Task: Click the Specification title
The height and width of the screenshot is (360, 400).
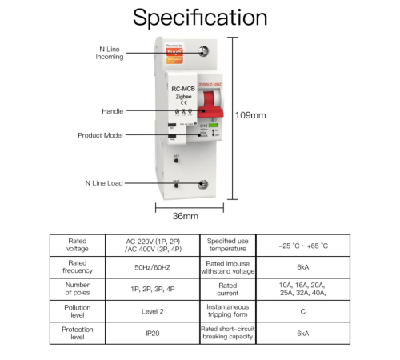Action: coord(200,18)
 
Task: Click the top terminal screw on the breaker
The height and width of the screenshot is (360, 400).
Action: coord(206,50)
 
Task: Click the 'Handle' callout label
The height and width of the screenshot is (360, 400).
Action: coord(112,110)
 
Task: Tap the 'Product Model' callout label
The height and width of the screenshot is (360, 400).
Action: coord(100,135)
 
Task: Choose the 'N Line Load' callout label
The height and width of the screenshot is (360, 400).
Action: coord(104,183)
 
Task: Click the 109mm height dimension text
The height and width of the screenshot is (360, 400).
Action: coord(251,114)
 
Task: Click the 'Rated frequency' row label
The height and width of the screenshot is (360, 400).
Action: coord(77,267)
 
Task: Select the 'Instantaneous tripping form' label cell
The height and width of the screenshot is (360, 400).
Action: coord(227,312)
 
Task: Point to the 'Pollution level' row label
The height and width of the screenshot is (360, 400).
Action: coord(77,312)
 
